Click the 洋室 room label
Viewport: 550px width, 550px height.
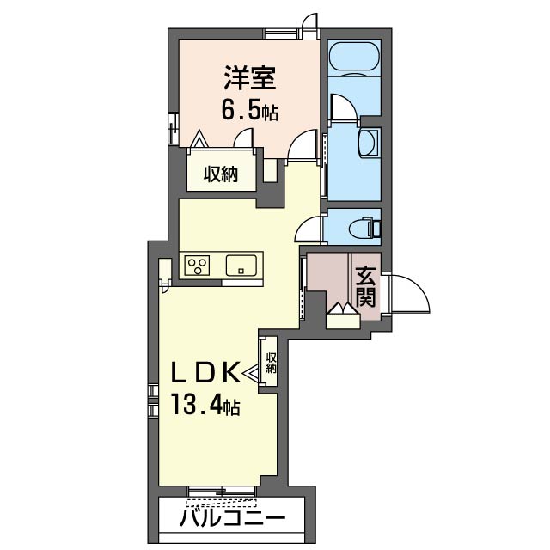point(250,78)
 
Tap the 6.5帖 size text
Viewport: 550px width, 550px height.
point(250,109)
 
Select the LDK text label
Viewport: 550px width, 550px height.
point(206,373)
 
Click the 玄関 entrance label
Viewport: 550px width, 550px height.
point(365,286)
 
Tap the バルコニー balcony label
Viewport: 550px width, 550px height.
point(233,519)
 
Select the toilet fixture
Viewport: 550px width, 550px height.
point(364,227)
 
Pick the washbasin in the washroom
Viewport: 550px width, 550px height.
point(369,143)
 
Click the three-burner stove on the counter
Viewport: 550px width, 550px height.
point(197,266)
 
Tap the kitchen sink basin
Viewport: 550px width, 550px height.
point(241,266)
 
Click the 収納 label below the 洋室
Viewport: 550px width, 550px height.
point(221,174)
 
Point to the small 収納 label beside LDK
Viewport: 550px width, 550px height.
point(272,363)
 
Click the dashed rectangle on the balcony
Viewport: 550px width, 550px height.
point(222,503)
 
